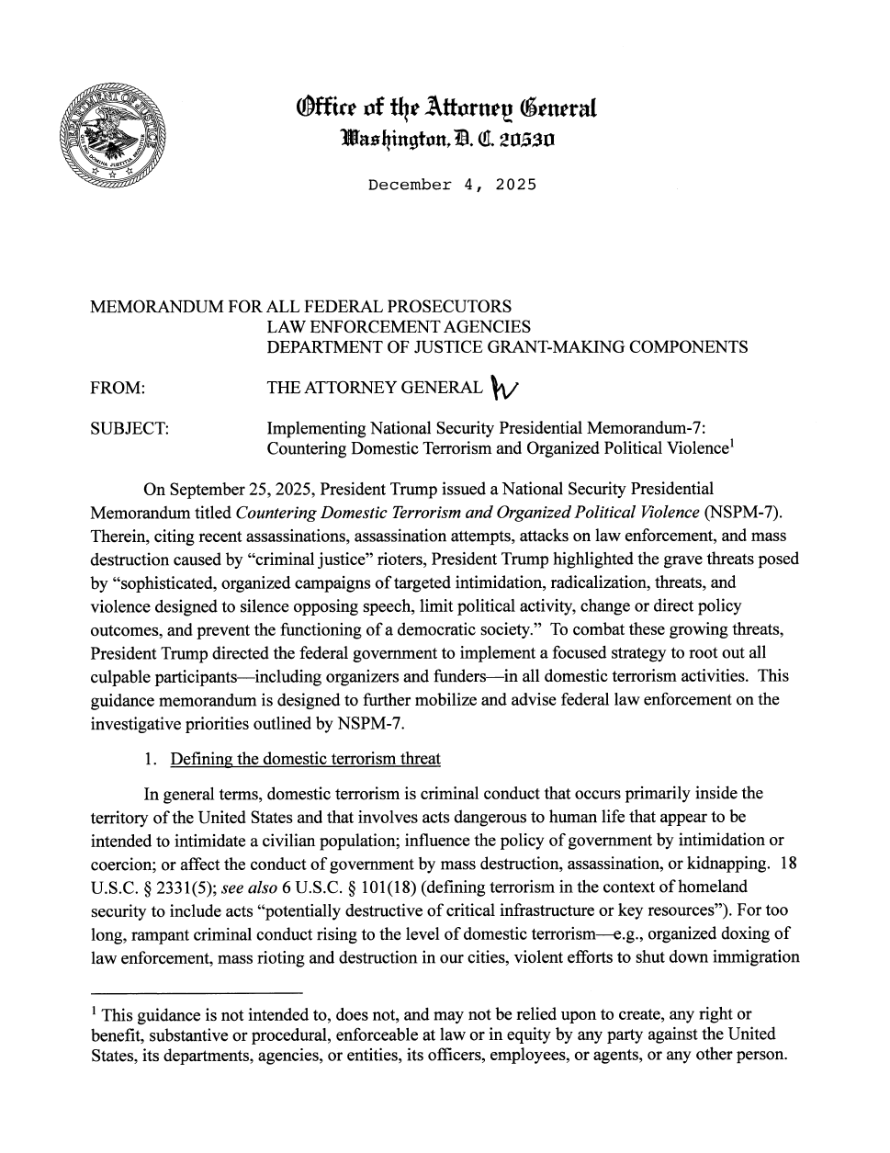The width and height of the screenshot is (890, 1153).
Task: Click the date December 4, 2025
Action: coord(451,185)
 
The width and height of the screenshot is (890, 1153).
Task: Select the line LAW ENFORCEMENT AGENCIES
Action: coord(398,326)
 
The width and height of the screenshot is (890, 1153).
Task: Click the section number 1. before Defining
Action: coord(151,759)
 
